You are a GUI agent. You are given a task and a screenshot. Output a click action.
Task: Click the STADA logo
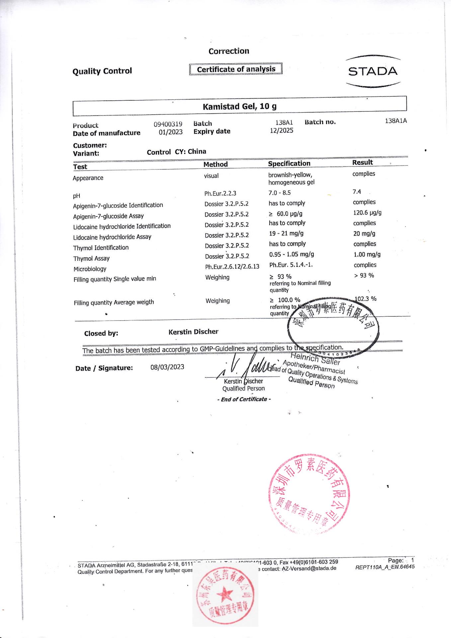click(373, 71)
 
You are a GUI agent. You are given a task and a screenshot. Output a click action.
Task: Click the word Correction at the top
click(228, 51)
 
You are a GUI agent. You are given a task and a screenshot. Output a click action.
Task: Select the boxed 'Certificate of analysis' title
click(236, 69)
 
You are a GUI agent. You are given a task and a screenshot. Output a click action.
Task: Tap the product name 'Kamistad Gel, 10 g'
click(239, 106)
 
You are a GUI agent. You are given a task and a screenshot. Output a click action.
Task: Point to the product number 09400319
click(168, 124)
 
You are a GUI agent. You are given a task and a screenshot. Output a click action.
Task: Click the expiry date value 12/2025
click(281, 131)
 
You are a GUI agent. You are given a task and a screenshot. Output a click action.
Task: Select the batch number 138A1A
click(396, 121)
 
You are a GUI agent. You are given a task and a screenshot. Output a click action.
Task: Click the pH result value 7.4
click(357, 192)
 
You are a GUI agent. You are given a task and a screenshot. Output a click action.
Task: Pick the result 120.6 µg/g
click(367, 213)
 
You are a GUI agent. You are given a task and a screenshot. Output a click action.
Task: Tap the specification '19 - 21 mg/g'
click(286, 234)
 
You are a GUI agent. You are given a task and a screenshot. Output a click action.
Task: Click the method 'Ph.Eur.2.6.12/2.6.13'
click(232, 266)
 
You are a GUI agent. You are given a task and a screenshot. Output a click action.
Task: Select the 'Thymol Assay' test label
click(91, 259)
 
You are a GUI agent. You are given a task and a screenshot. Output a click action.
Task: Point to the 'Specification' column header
click(289, 163)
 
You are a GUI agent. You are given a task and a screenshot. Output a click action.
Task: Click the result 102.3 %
click(366, 299)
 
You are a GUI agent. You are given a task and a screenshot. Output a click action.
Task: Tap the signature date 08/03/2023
click(167, 367)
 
